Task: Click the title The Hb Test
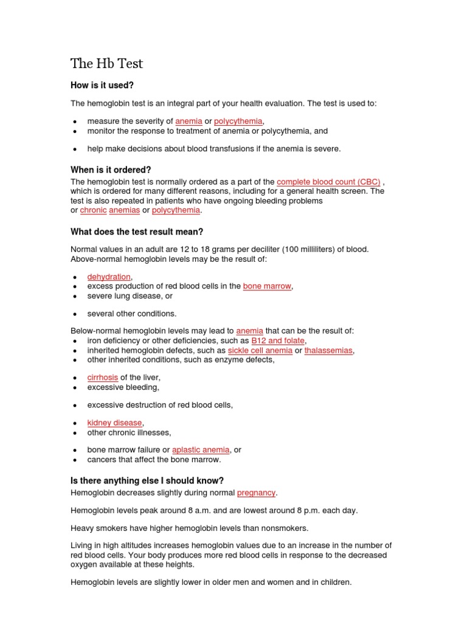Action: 107,64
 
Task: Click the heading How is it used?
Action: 102,86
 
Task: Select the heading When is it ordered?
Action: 111,169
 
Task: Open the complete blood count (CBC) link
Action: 328,182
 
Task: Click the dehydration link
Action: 109,276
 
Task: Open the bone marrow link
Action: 267,286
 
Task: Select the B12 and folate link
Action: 278,341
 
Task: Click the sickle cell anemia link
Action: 260,350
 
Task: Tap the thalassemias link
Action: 328,350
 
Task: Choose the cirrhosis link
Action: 103,377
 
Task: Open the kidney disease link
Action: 115,423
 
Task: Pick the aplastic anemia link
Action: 201,450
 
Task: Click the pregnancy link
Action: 256,493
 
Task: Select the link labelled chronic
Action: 94,210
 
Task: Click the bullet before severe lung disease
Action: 74,296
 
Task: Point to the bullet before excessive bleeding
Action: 74,388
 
